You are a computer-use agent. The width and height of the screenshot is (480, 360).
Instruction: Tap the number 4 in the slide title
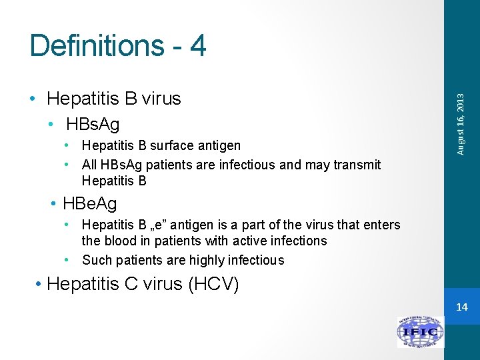(197, 46)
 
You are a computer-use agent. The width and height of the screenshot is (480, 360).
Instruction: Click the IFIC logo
(421, 332)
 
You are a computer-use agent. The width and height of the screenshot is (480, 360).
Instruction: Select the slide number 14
(462, 307)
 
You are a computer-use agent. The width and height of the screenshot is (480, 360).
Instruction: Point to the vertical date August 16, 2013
(461, 123)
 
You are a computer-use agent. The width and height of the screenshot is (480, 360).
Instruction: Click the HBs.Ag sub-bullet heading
(93, 124)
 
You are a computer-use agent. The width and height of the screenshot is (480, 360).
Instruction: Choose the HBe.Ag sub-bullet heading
(90, 203)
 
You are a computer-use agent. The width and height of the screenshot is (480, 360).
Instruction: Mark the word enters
(381, 225)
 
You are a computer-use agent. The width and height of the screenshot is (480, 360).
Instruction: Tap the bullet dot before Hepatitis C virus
(39, 285)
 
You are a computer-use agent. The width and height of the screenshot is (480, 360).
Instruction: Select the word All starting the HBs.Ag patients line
(90, 165)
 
